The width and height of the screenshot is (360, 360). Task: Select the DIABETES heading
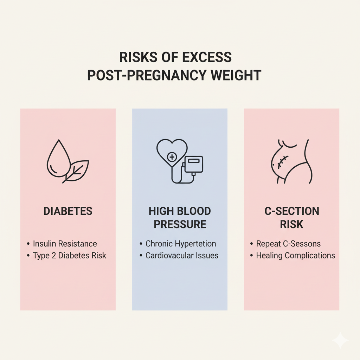[x=68, y=211]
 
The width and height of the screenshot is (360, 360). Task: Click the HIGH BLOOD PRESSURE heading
[x=180, y=218]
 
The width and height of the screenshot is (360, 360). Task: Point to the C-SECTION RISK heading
[x=291, y=218]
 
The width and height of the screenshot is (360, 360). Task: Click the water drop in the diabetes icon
[x=59, y=159]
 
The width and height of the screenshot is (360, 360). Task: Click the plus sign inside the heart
[x=172, y=157]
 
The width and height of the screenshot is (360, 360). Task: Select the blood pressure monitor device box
[x=194, y=164]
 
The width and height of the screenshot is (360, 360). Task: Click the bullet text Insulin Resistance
[x=65, y=244]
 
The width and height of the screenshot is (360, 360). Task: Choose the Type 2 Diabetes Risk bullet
[x=70, y=256]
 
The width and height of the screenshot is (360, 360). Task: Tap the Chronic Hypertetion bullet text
[x=181, y=244]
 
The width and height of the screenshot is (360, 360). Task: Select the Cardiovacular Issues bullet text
[x=182, y=256]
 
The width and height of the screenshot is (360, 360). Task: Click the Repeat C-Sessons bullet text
[x=288, y=244]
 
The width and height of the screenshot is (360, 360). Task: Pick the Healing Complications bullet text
[x=295, y=256]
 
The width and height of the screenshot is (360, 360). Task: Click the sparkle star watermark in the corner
[x=340, y=340]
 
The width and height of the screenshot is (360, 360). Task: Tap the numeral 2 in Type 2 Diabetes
[x=54, y=256]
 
